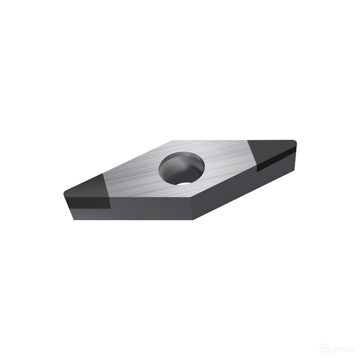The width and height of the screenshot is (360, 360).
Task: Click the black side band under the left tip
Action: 88,203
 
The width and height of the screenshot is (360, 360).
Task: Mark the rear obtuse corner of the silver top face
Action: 173,140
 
